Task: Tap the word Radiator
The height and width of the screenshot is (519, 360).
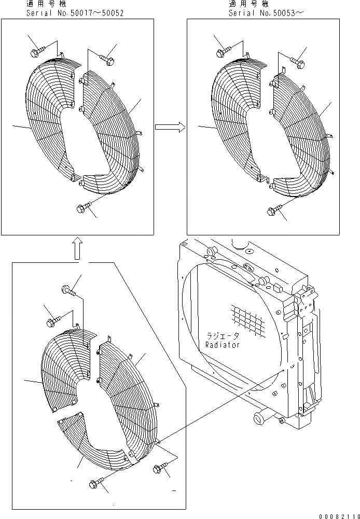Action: [223, 345]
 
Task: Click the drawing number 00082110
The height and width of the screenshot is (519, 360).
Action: [338, 514]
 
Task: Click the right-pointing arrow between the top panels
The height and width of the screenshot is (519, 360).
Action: [170, 126]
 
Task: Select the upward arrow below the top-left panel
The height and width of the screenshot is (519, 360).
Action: [76, 248]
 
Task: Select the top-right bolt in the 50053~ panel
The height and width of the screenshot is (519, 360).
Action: [297, 62]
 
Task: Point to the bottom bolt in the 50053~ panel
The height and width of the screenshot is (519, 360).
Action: [273, 211]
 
